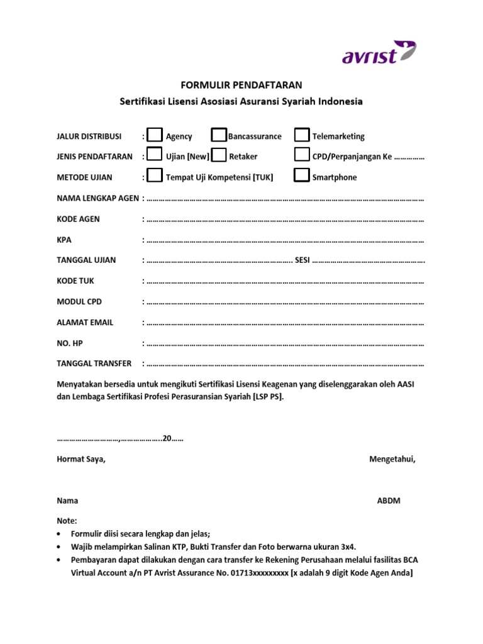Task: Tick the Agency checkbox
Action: (x=154, y=136)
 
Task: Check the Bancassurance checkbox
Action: (x=219, y=136)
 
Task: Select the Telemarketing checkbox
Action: (x=302, y=136)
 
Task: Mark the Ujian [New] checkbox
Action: (x=154, y=156)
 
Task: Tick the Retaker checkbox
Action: (x=219, y=156)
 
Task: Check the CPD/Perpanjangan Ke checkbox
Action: (x=302, y=156)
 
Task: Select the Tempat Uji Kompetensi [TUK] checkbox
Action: (x=154, y=177)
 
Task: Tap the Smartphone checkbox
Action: (x=302, y=177)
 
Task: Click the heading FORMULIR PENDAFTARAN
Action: (x=241, y=84)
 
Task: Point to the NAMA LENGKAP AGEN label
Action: (x=97, y=198)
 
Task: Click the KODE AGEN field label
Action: (x=78, y=219)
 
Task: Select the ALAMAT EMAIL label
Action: (x=85, y=322)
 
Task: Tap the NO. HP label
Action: (x=69, y=343)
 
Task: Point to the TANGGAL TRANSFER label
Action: (x=94, y=364)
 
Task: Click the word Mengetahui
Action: (x=392, y=459)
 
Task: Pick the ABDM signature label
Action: (x=388, y=501)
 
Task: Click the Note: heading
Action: (x=67, y=521)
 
